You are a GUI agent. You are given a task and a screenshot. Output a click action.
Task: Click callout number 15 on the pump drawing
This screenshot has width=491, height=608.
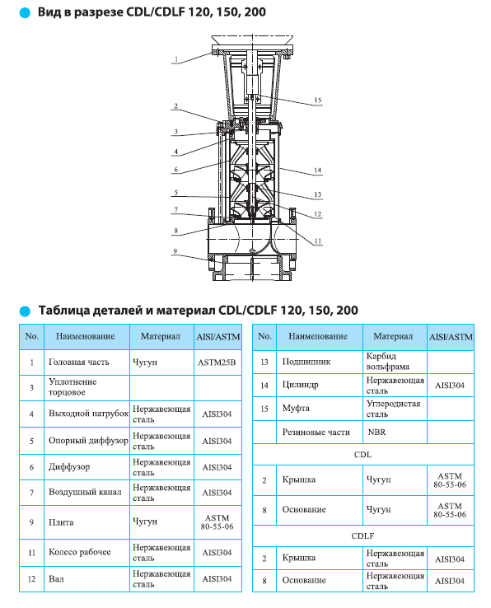tap(318, 100)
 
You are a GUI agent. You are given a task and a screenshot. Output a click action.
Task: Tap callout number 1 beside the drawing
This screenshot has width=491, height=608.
tap(176, 59)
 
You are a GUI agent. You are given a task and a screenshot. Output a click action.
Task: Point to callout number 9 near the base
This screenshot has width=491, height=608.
tap(175, 251)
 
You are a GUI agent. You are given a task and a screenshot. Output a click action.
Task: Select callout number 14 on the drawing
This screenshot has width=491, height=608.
tap(318, 170)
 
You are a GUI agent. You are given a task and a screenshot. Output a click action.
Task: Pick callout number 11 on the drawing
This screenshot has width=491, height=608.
tap(318, 241)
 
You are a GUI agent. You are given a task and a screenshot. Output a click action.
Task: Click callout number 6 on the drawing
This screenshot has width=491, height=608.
tap(175, 170)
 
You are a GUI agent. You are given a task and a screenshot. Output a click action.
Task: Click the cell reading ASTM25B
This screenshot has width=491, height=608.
tap(217, 362)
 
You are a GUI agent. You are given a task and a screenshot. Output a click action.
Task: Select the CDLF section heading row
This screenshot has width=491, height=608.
tap(362, 536)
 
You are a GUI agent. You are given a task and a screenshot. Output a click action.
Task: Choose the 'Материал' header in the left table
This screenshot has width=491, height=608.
tap(161, 336)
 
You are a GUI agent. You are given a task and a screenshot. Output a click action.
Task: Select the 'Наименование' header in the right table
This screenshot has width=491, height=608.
tap(318, 336)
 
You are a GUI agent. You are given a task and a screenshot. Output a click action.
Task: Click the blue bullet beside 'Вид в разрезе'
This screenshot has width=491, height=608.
tap(25, 13)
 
